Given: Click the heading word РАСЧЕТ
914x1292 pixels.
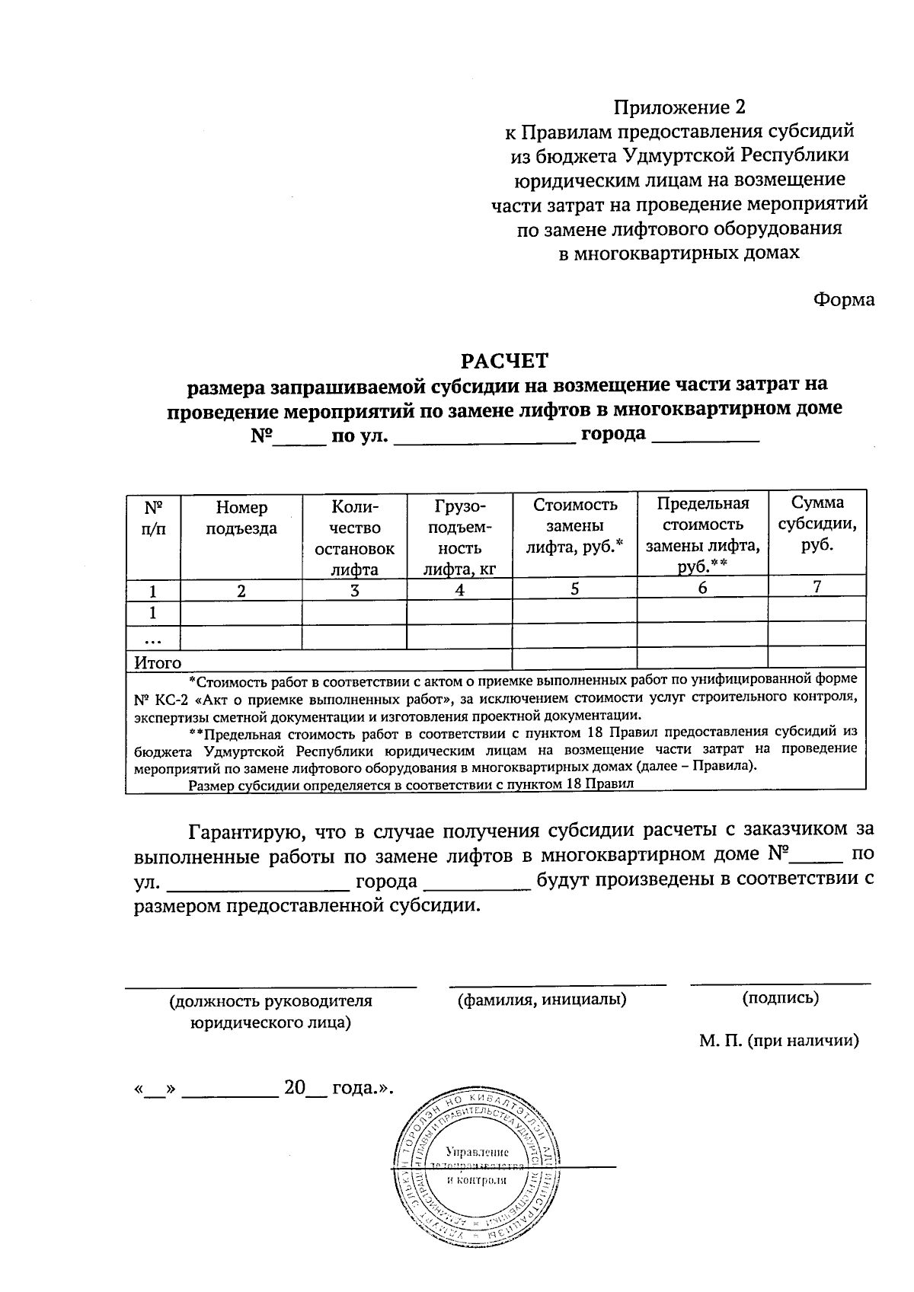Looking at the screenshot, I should click(507, 359).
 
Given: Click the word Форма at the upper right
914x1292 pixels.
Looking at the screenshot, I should click(843, 299).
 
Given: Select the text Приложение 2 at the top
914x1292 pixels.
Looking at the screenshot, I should click(679, 107).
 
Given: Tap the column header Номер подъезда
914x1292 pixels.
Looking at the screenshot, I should click(241, 518).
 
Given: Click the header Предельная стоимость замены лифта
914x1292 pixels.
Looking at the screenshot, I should click(702, 534).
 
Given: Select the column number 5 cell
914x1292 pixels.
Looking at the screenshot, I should click(575, 589).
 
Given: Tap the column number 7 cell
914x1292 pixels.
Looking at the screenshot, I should click(817, 587).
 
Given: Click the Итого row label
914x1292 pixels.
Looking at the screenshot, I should click(158, 662).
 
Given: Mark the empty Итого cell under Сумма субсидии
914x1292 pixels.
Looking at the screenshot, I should click(817, 657).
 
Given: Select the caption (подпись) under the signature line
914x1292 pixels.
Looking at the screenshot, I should click(780, 998).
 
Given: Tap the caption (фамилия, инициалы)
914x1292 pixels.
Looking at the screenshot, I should click(542, 999).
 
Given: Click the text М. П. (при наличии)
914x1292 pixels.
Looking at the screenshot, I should click(779, 1040).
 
